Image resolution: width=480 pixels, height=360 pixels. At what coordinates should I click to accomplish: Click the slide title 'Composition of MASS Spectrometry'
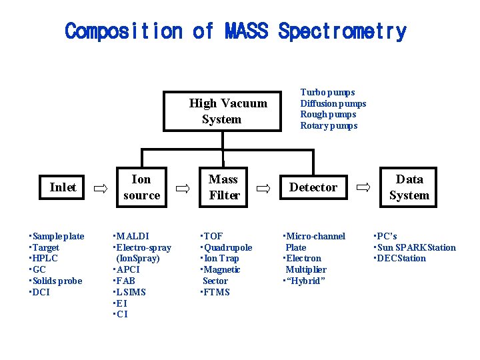235,31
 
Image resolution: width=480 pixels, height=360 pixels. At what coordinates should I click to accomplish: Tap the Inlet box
63,187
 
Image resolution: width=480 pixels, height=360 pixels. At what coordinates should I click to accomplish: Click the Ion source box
141,187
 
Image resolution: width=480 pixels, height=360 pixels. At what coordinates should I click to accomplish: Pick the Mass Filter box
223,187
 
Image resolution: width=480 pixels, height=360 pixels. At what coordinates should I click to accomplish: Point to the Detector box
313,187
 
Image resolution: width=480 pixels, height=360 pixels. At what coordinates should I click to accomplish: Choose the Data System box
409,187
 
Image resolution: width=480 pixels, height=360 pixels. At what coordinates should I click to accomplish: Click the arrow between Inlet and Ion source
100,189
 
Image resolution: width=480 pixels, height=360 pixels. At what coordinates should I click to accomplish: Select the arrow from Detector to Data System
363,189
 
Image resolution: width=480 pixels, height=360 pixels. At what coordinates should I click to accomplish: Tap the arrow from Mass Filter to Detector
264,189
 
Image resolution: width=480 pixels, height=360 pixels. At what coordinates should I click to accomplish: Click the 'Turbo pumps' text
327,92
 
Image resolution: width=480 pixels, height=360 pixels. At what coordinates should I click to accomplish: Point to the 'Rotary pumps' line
329,126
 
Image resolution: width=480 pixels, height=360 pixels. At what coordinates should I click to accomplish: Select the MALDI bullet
133,236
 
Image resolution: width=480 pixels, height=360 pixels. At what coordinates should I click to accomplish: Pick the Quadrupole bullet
227,247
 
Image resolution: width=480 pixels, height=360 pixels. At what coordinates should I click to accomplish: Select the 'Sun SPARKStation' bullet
416,247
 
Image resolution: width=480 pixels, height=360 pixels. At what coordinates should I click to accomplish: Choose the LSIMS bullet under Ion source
131,292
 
